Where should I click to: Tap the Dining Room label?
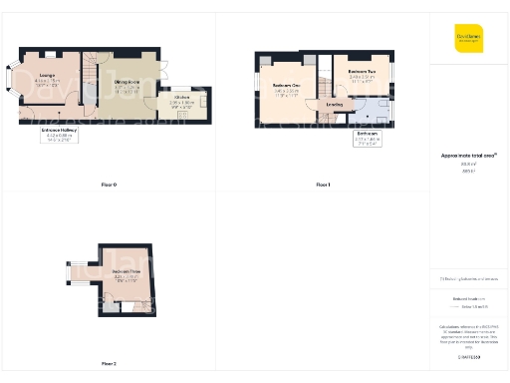pos(127,84)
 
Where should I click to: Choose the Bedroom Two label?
pos(361,73)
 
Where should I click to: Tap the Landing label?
pos(335,103)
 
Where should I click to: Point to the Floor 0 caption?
pos(109,186)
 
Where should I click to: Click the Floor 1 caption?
pos(322,186)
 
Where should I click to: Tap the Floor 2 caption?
pos(109,363)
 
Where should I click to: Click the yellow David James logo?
pos(468,38)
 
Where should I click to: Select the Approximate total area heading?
pos(467,156)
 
